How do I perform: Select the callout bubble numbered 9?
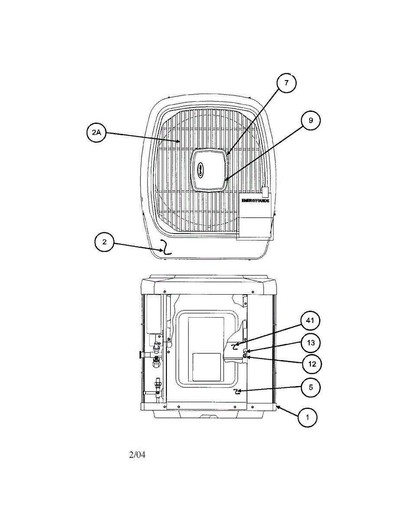pos(310,121)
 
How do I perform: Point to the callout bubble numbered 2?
pos(104,242)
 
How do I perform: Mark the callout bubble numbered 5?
pos(310,387)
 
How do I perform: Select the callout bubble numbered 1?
pos(308,418)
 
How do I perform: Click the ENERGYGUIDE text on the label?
pos(255,201)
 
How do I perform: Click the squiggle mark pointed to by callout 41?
pos(235,346)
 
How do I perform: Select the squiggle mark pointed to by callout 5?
pos(237,392)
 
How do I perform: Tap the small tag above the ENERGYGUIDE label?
pos(265,192)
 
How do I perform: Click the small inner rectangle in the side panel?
pos(206,367)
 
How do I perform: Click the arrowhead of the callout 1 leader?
pos(278,407)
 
